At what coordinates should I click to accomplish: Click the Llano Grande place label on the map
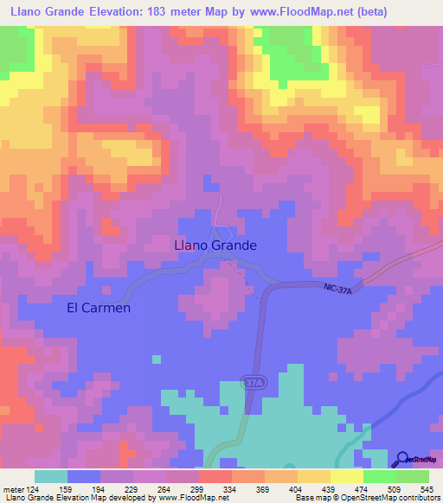pyautogui.click(x=215, y=245)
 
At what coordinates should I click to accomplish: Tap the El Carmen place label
pyautogui.click(x=99, y=308)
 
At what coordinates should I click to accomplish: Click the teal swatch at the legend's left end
pyautogui.click(x=51, y=476)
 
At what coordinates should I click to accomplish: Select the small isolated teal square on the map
pyautogui.click(x=156, y=359)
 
